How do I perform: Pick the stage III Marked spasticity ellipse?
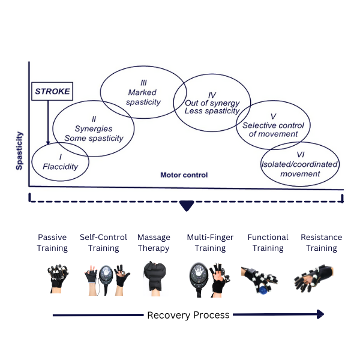coord(144,93)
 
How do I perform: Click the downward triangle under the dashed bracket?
coord(187,206)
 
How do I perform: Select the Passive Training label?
coord(52,242)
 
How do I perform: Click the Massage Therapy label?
coord(154,242)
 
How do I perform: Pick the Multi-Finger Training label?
coord(210,242)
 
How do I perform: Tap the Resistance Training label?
coord(322,242)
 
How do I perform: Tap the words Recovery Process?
coord(188,315)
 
